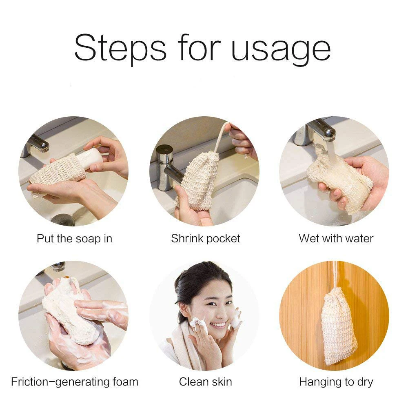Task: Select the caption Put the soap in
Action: pyautogui.click(x=74, y=238)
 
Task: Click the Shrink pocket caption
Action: pyautogui.click(x=206, y=238)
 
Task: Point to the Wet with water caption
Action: pyautogui.click(x=336, y=238)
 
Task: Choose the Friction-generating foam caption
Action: pyautogui.click(x=74, y=382)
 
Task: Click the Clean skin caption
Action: pyautogui.click(x=205, y=382)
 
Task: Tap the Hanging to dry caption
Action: pyautogui.click(x=336, y=382)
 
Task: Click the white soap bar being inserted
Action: pyautogui.click(x=90, y=157)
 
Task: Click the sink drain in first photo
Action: pyautogui.click(x=63, y=220)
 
